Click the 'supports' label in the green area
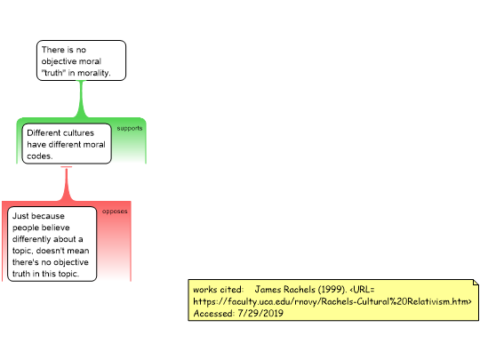tap(130, 128)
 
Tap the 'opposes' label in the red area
tap(115, 212)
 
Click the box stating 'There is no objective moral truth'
tap(81, 60)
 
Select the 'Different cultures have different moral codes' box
tap(67, 144)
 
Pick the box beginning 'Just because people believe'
tap(52, 244)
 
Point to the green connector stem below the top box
tap(81, 99)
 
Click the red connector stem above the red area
tap(67, 184)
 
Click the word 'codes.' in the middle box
tap(40, 156)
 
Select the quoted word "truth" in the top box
tap(53, 73)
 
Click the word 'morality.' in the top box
tap(94, 73)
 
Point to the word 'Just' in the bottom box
tap(19, 216)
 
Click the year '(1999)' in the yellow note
tap(332, 289)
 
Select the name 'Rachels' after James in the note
tap(300, 289)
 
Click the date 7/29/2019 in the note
tap(260, 313)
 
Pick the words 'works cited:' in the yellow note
tap(219, 289)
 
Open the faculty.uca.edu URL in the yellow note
tap(332, 301)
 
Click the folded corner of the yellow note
tap(476, 282)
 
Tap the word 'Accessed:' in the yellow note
tap(214, 313)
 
